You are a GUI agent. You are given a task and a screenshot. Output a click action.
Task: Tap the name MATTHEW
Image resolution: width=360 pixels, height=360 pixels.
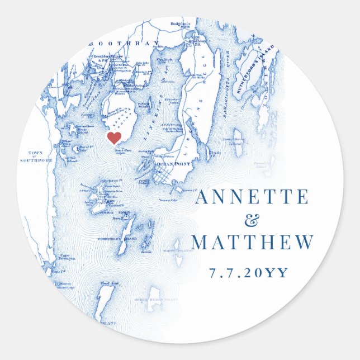click(251, 243)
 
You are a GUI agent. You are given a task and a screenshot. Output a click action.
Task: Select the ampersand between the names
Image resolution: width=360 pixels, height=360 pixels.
click(253, 220)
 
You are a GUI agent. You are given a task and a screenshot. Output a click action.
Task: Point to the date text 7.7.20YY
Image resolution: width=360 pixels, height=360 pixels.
click(249, 273)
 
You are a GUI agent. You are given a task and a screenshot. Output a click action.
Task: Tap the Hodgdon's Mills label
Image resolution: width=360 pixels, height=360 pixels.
click(181, 25)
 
